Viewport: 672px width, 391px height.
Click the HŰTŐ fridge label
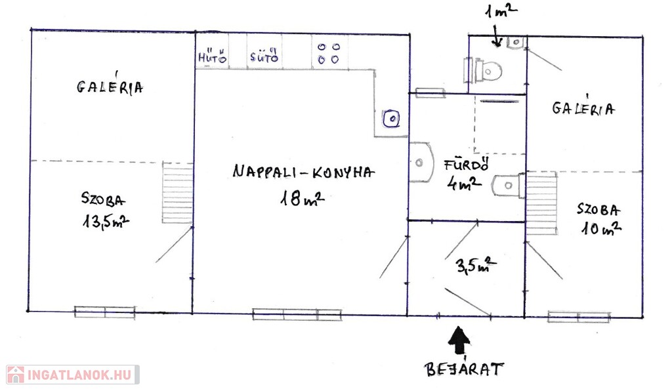click(x=212, y=57)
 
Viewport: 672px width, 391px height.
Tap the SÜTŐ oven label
click(x=264, y=56)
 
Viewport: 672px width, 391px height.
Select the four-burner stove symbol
click(x=329, y=53)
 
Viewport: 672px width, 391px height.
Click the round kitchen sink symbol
click(x=391, y=119)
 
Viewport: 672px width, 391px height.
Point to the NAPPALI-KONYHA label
click(x=303, y=172)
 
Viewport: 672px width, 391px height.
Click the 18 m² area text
click(x=302, y=198)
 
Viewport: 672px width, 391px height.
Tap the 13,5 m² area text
click(x=106, y=221)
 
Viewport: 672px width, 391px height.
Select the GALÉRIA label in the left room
click(x=110, y=87)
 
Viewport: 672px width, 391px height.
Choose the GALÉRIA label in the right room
click(x=583, y=108)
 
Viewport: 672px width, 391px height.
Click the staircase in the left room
click(x=177, y=193)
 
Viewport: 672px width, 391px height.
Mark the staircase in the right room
click(x=541, y=203)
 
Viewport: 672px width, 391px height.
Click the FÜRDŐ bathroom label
click(x=467, y=165)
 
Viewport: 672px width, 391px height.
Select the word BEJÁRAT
click(x=464, y=369)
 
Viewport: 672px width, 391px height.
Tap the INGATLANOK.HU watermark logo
click(x=72, y=375)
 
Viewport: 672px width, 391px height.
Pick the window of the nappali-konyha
click(x=297, y=314)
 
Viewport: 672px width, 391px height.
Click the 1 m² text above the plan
click(x=501, y=10)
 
